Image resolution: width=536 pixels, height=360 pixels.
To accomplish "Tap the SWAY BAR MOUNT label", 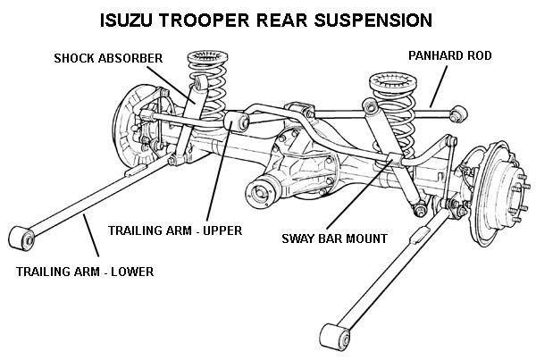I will pos(334,239).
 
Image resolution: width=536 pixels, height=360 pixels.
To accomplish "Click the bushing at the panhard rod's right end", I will pos(459,113).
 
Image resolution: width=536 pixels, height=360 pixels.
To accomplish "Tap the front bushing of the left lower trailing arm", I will pos(20,238).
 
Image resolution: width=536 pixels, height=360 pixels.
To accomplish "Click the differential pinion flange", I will pos(262,189).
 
